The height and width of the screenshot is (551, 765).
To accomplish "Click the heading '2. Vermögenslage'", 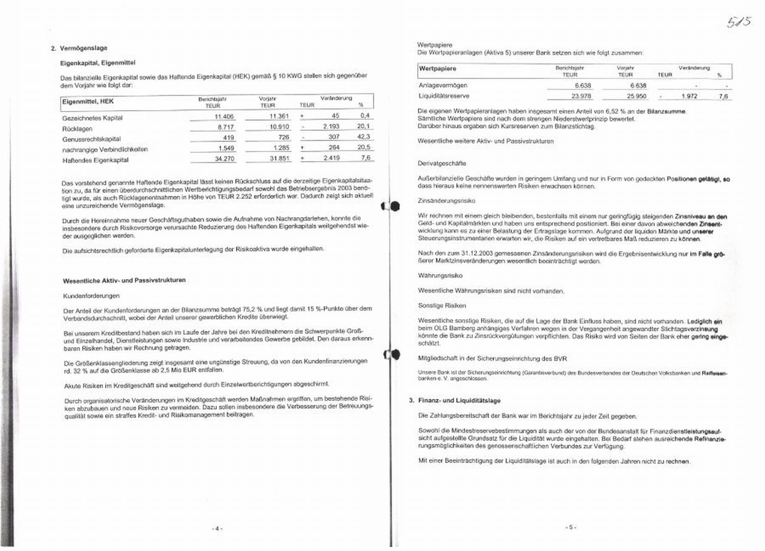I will pyautogui.click(x=79, y=48).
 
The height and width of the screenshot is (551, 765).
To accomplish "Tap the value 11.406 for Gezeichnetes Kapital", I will pyautogui.click(x=224, y=117).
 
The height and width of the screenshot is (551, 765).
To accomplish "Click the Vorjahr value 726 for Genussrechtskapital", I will pyautogui.click(x=284, y=138).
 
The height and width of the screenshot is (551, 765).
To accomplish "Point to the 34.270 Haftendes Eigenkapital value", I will pyautogui.click(x=224, y=159).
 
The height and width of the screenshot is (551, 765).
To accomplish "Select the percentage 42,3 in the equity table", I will pyautogui.click(x=364, y=137).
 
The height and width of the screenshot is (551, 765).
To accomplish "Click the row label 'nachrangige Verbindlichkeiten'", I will pyautogui.click(x=105, y=149).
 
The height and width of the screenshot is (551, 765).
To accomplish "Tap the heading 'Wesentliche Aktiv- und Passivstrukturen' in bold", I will pyautogui.click(x=124, y=280).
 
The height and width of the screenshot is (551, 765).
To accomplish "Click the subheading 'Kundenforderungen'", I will pyautogui.click(x=91, y=296).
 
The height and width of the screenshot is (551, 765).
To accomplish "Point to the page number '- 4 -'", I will pyautogui.click(x=217, y=529).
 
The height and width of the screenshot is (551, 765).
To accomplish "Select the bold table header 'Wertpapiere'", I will pyautogui.click(x=437, y=69).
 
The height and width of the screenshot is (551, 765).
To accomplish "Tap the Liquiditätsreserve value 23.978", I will pyautogui.click(x=581, y=96).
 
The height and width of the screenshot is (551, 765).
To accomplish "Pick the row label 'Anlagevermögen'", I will pyautogui.click(x=443, y=86).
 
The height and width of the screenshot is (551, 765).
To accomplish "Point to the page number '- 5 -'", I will pyautogui.click(x=571, y=528).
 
